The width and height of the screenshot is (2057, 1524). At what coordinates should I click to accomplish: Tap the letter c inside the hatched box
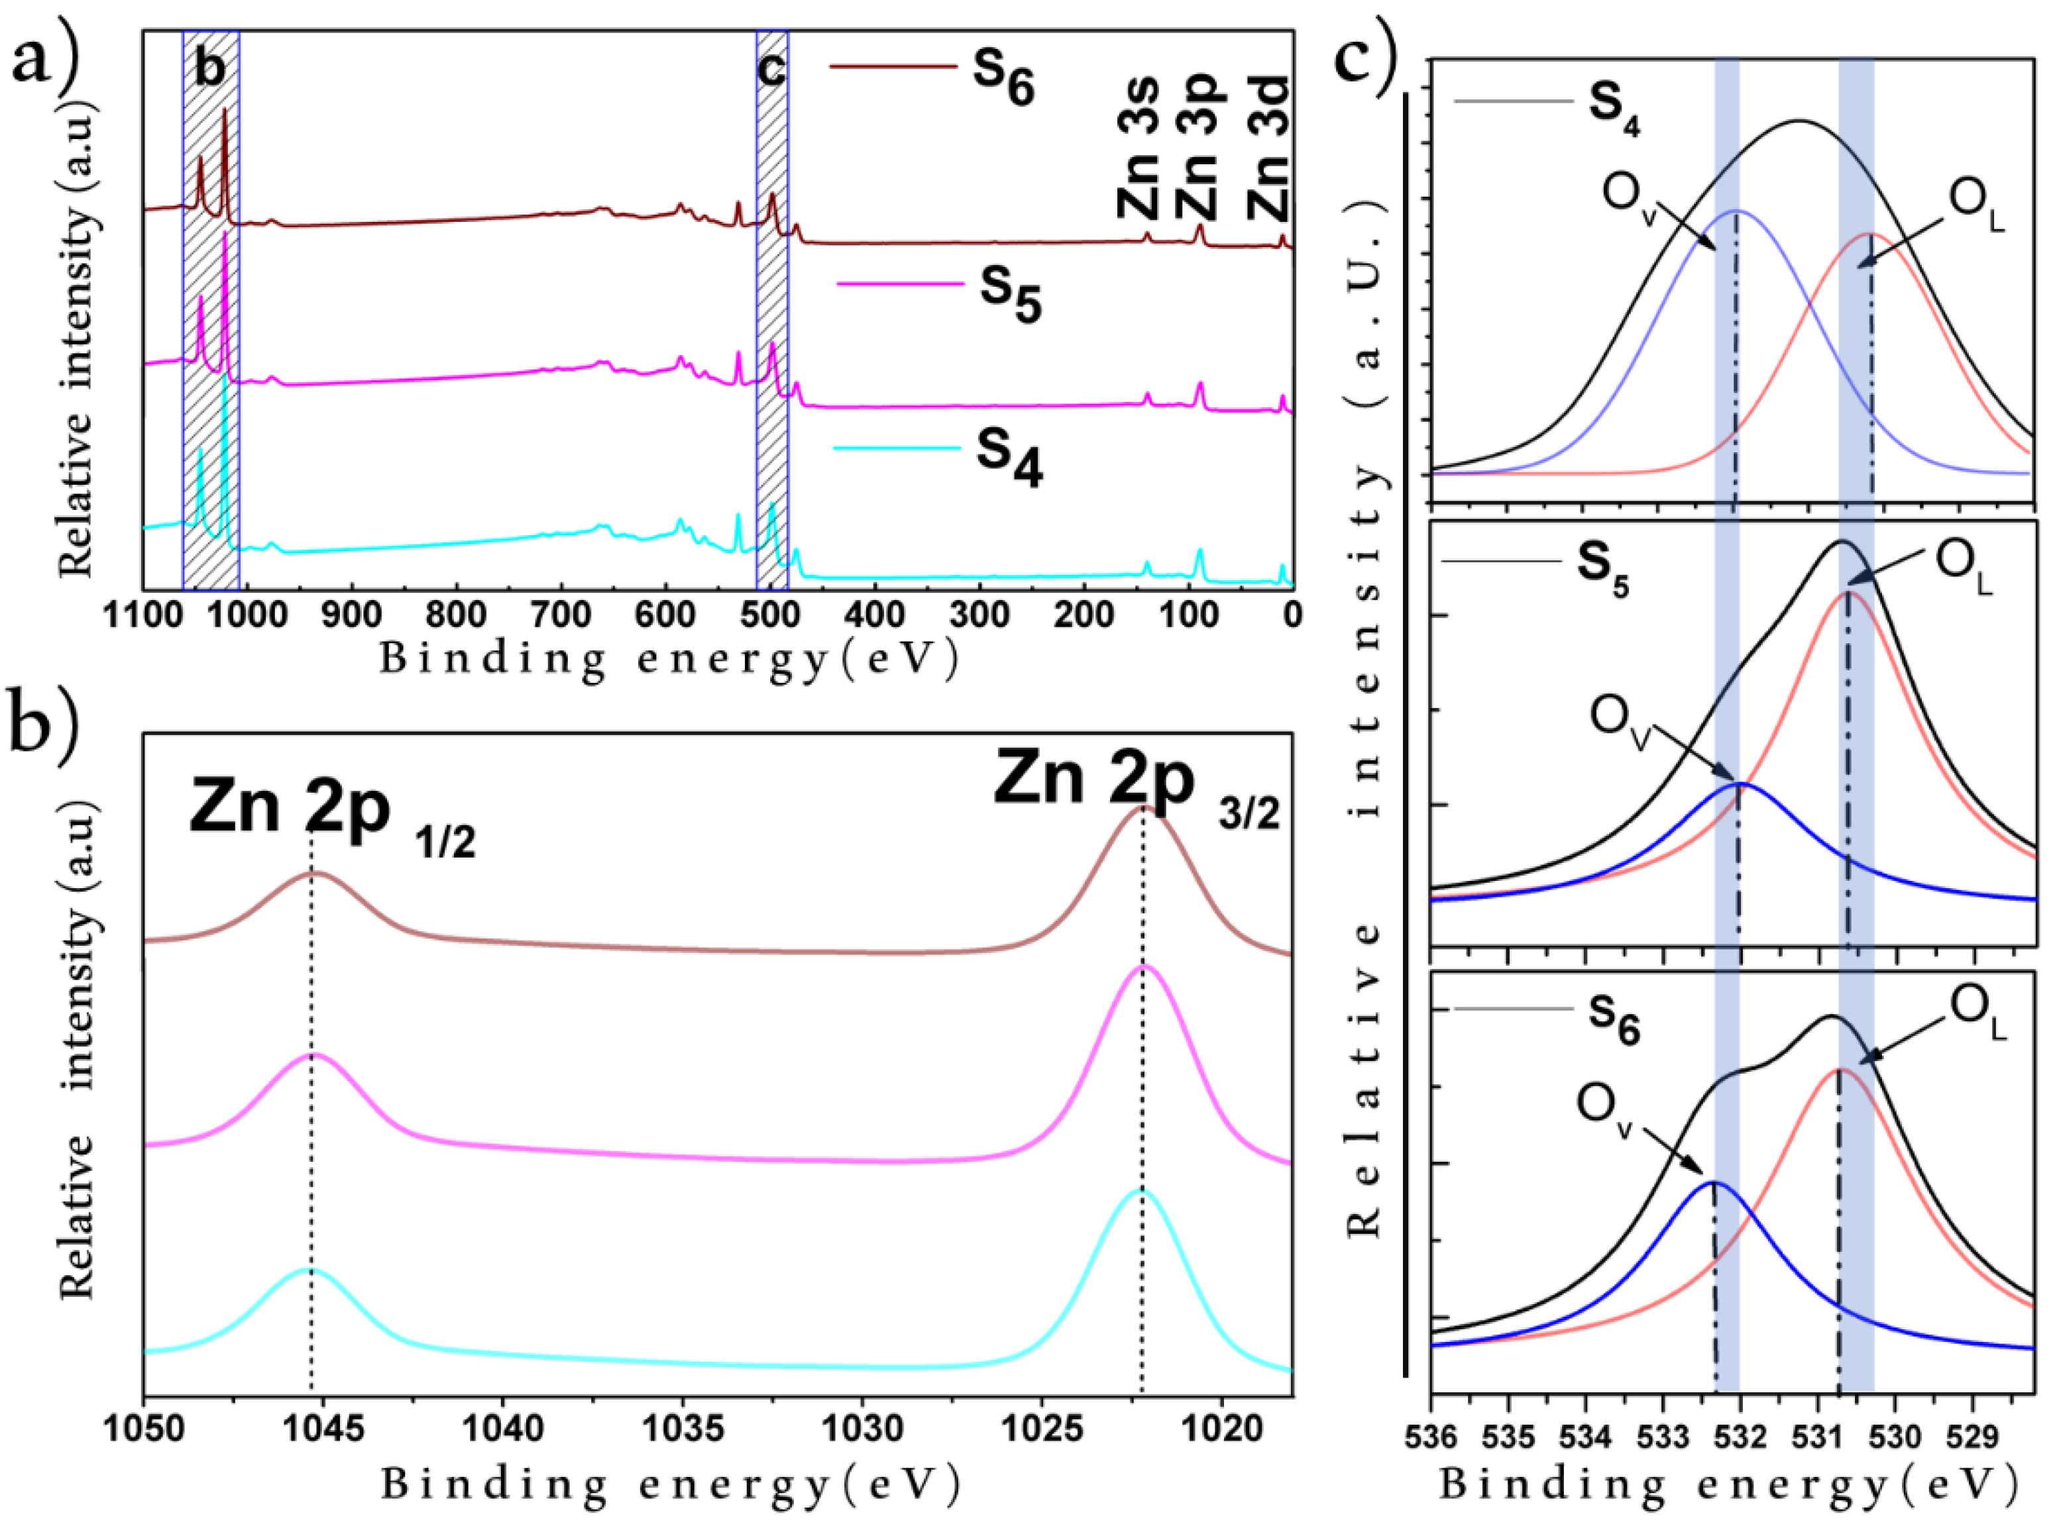pyautogui.click(x=771, y=68)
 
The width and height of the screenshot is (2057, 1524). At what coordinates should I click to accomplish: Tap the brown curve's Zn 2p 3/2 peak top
pyautogui.click(x=1142, y=807)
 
